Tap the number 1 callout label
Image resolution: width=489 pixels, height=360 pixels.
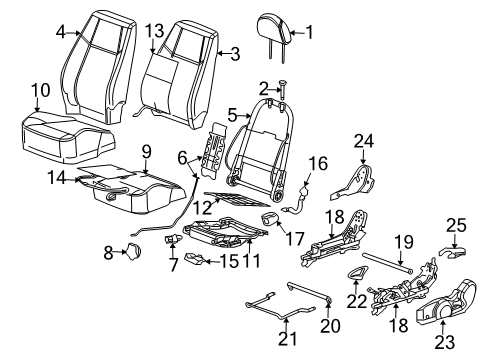point(308,31)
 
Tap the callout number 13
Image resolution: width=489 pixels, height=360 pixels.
point(154,31)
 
